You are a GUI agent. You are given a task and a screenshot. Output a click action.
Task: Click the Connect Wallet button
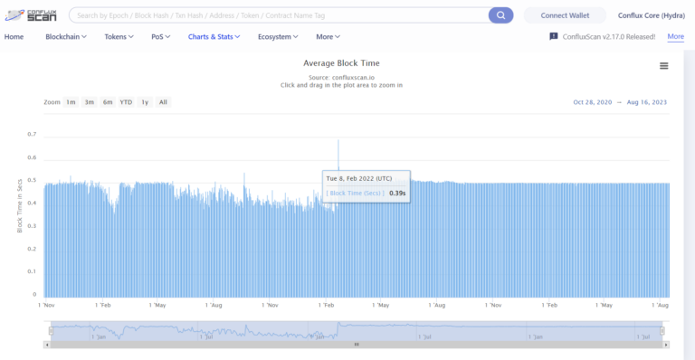(566, 15)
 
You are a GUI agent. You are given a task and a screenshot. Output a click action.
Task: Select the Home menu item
(14, 36)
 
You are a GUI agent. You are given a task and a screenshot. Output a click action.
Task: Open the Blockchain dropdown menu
(67, 36)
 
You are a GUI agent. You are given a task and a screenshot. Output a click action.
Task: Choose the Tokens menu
(119, 36)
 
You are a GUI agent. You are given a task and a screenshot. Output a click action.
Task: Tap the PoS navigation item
(160, 36)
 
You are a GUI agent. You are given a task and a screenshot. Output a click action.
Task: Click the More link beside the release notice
(675, 36)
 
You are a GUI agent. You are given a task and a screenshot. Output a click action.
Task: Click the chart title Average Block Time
(341, 63)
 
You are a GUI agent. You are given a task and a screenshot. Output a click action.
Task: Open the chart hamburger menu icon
(663, 66)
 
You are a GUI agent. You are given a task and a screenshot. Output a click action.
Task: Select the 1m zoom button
(71, 102)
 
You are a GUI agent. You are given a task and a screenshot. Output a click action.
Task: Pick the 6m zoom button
(108, 102)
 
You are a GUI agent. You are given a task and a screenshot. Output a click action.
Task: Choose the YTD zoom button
(126, 102)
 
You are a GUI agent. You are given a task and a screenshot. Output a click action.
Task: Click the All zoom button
(163, 102)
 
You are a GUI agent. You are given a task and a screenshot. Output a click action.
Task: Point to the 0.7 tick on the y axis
(32, 135)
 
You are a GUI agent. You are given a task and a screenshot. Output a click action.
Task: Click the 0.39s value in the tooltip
(397, 193)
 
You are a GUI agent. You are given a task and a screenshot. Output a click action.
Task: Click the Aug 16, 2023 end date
(647, 102)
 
